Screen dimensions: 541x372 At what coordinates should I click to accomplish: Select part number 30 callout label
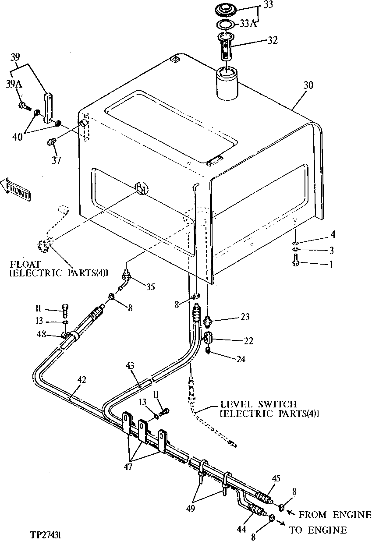point(308,85)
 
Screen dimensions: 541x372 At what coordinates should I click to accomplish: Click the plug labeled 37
point(51,142)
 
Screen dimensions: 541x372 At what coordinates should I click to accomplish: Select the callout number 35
point(150,287)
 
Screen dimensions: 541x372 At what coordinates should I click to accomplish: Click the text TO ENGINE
point(318,530)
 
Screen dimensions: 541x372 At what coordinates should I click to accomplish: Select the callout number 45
point(276,478)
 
